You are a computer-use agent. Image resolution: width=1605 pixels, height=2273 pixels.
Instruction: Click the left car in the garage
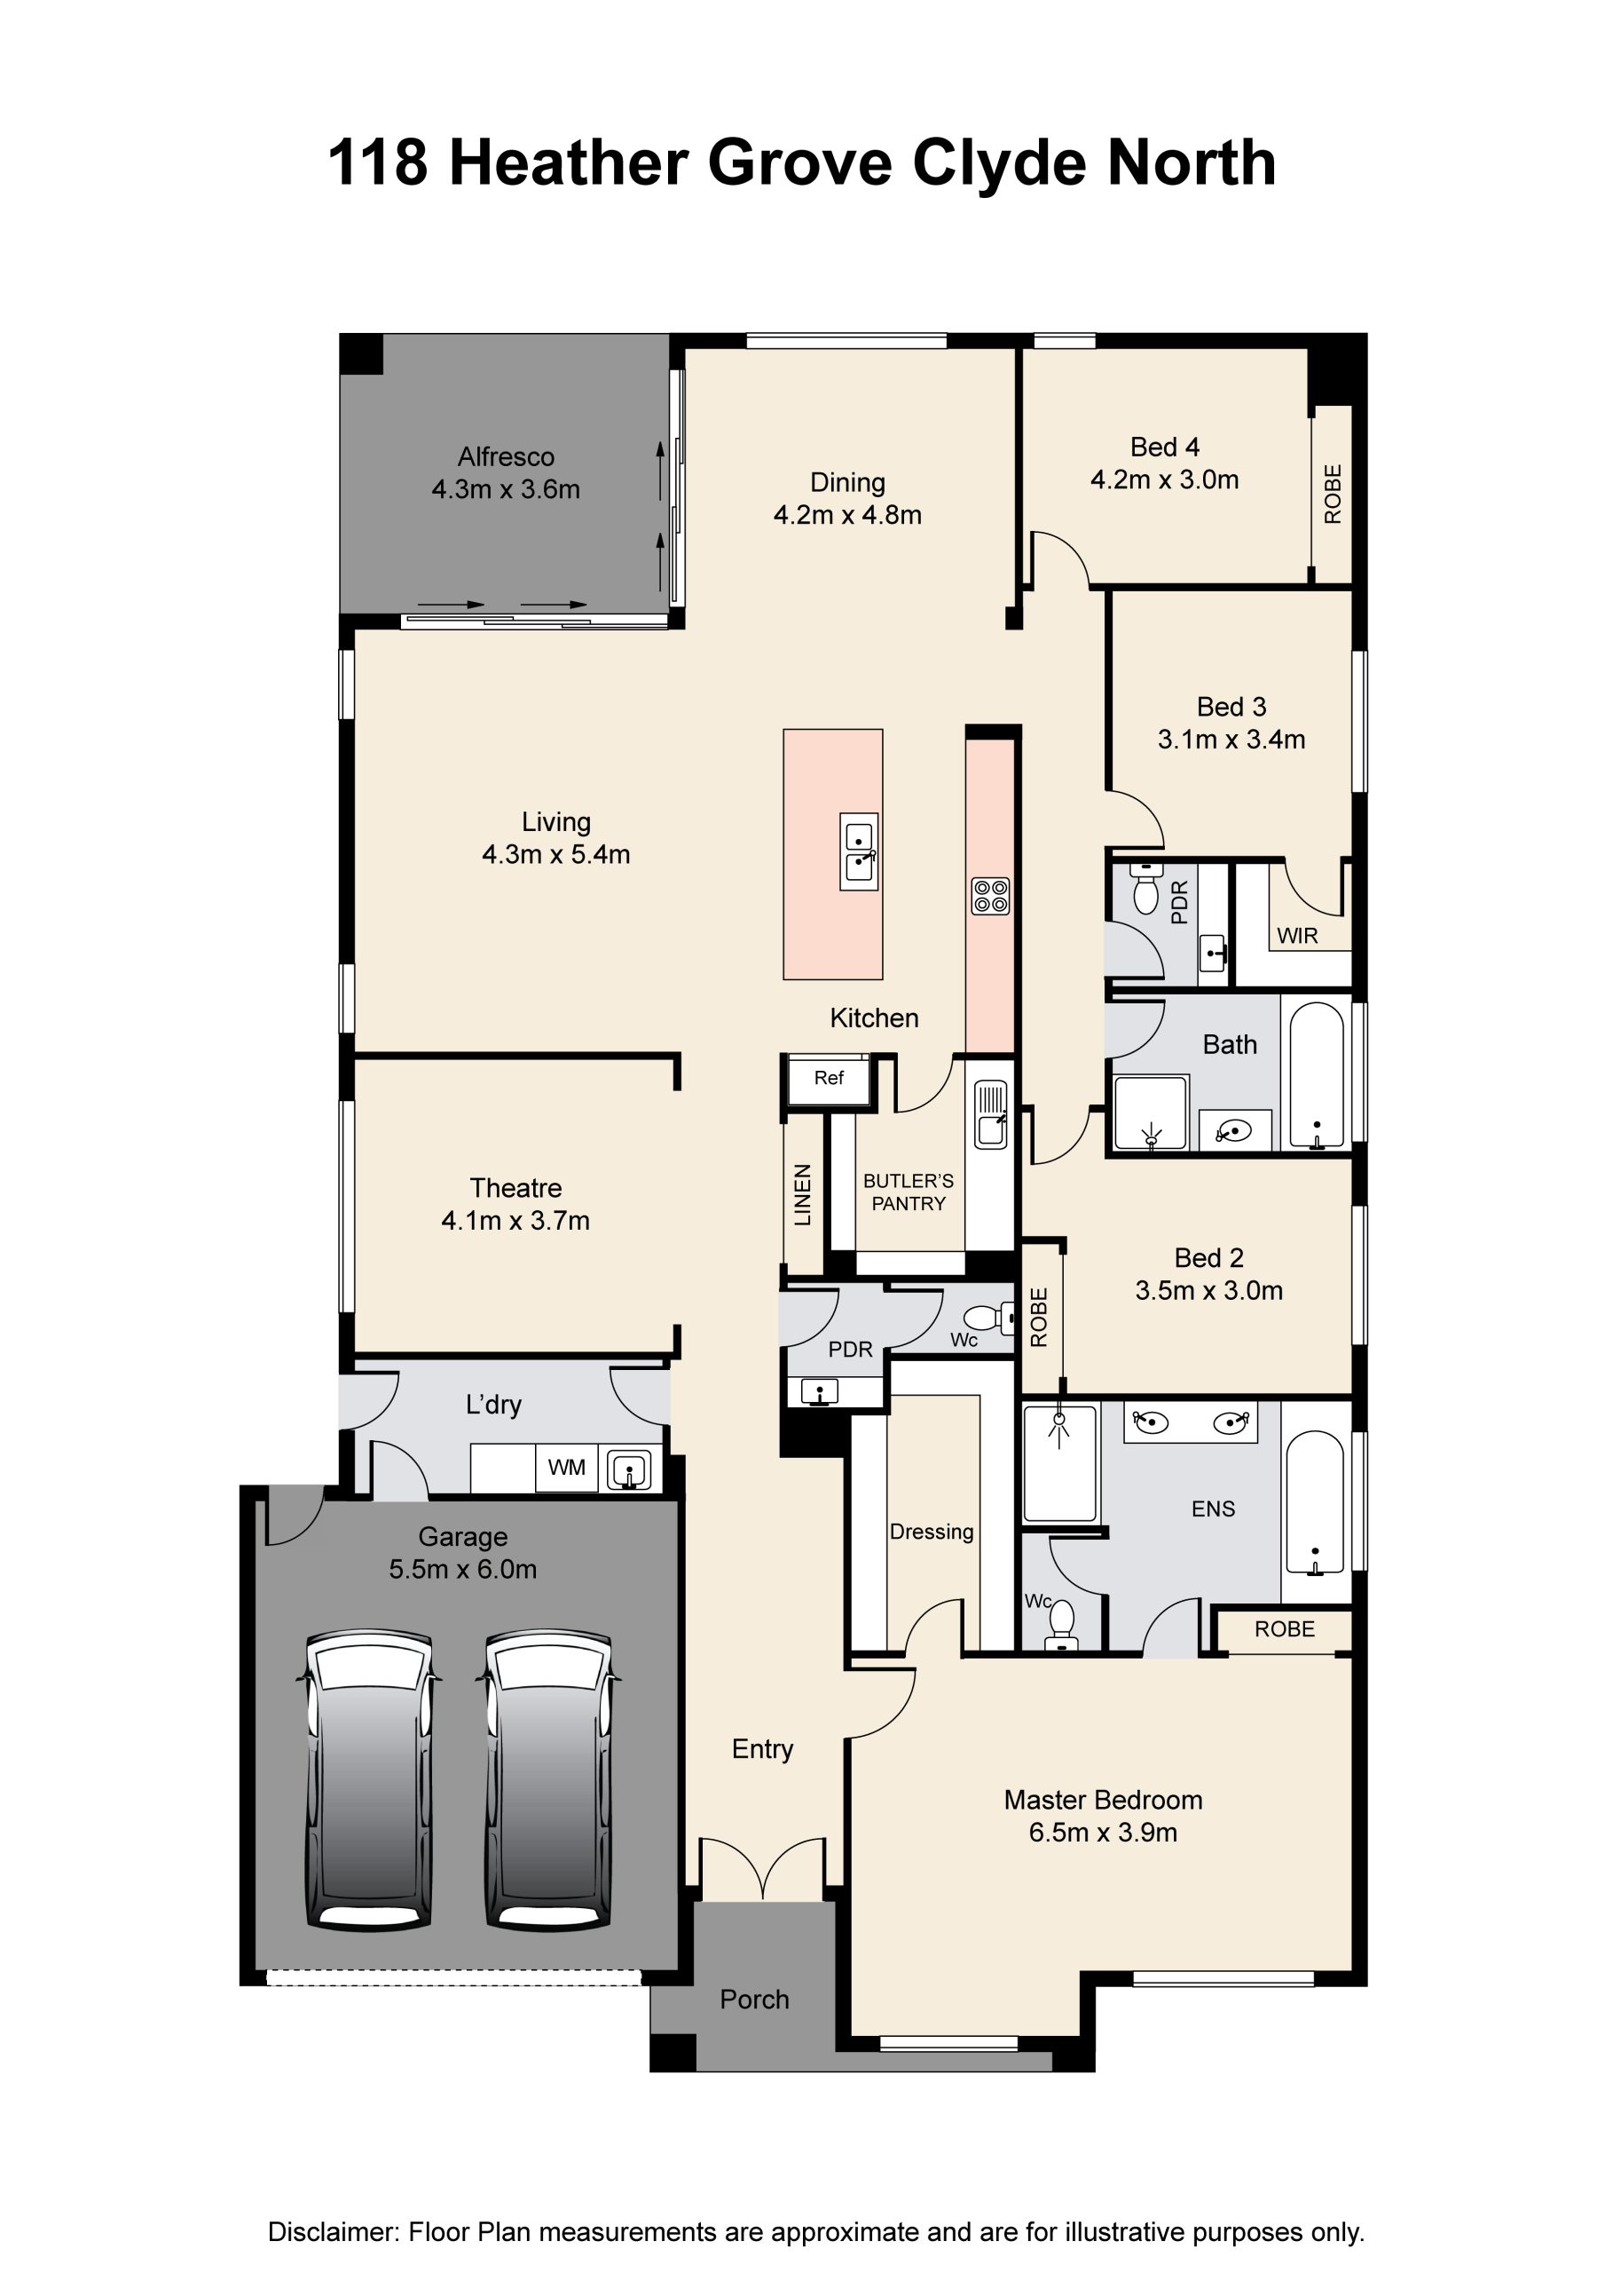click(x=368, y=1778)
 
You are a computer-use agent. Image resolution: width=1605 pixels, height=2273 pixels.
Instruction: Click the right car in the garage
click(x=547, y=1778)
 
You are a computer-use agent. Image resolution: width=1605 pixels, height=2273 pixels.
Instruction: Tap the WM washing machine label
click(x=567, y=1467)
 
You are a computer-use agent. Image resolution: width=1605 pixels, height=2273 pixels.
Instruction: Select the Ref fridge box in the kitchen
click(x=830, y=1079)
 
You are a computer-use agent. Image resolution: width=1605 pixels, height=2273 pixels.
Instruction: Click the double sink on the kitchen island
click(x=858, y=851)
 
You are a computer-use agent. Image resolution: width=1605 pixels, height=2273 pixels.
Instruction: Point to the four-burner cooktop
click(x=990, y=896)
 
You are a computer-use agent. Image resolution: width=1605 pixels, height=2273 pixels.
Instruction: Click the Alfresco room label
click(x=506, y=456)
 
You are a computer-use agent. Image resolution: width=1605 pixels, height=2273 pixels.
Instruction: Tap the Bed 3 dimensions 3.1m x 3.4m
click(x=1231, y=740)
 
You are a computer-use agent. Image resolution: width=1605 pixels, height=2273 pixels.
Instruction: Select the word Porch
click(x=754, y=2000)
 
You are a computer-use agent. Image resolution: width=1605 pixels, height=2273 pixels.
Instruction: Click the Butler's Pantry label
click(x=909, y=1192)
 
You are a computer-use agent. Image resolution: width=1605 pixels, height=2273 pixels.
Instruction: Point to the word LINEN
click(x=802, y=1195)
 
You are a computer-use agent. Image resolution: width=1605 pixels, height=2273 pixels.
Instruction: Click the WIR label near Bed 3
click(x=1297, y=936)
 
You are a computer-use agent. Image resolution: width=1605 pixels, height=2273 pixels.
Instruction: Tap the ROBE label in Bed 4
click(x=1333, y=494)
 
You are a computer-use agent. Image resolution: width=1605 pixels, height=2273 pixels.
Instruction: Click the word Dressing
click(x=931, y=1532)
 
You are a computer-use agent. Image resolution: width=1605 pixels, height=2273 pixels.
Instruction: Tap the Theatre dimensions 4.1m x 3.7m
click(x=515, y=1221)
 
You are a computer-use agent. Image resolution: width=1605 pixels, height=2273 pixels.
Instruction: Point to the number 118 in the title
click(x=378, y=162)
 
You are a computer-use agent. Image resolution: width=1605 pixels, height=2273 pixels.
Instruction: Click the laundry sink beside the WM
click(x=628, y=1469)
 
